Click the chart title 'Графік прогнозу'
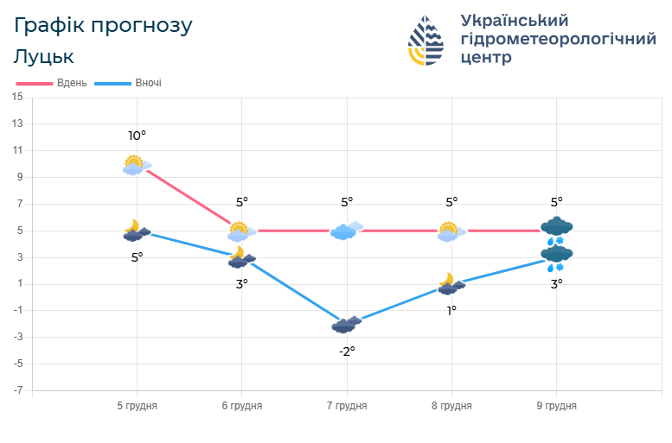(x=103, y=26)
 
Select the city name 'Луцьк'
(x=44, y=57)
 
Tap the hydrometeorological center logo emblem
(x=426, y=41)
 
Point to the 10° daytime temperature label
(x=137, y=136)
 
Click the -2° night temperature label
(x=346, y=351)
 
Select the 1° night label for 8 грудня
(x=451, y=310)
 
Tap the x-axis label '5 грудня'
(x=137, y=405)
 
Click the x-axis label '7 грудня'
(x=347, y=405)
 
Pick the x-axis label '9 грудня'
(x=556, y=405)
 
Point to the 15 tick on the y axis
(x=17, y=97)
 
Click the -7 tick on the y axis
(x=17, y=391)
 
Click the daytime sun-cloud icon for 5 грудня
(x=136, y=165)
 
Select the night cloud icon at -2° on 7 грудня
(x=346, y=325)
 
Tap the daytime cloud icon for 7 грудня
(x=346, y=230)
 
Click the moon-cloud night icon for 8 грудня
(x=451, y=284)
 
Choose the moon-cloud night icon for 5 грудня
(x=136, y=231)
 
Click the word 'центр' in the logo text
(x=486, y=58)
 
